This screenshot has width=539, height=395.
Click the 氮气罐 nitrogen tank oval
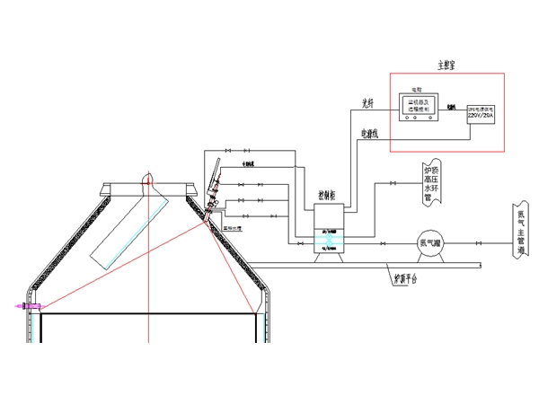point(428,241)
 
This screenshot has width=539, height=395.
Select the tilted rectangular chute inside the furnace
point(125,232)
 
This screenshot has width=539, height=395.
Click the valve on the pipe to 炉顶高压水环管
point(393,184)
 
